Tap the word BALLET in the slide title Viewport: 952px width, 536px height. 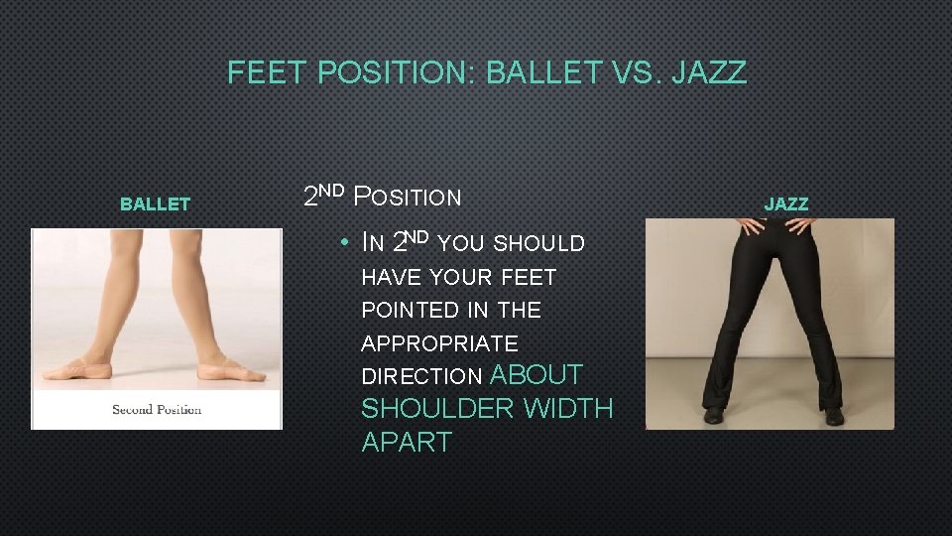(543, 72)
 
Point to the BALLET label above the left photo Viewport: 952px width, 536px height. (155, 204)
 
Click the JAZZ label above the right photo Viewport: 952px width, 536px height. (786, 204)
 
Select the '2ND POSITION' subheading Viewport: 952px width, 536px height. (382, 196)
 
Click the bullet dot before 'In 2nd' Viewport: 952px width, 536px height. (341, 243)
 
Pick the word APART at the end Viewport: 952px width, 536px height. (407, 443)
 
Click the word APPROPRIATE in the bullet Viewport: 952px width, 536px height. (439, 343)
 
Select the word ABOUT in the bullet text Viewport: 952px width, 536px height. (536, 375)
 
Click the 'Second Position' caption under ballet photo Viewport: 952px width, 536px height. (157, 409)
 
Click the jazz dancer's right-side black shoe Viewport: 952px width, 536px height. (833, 414)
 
